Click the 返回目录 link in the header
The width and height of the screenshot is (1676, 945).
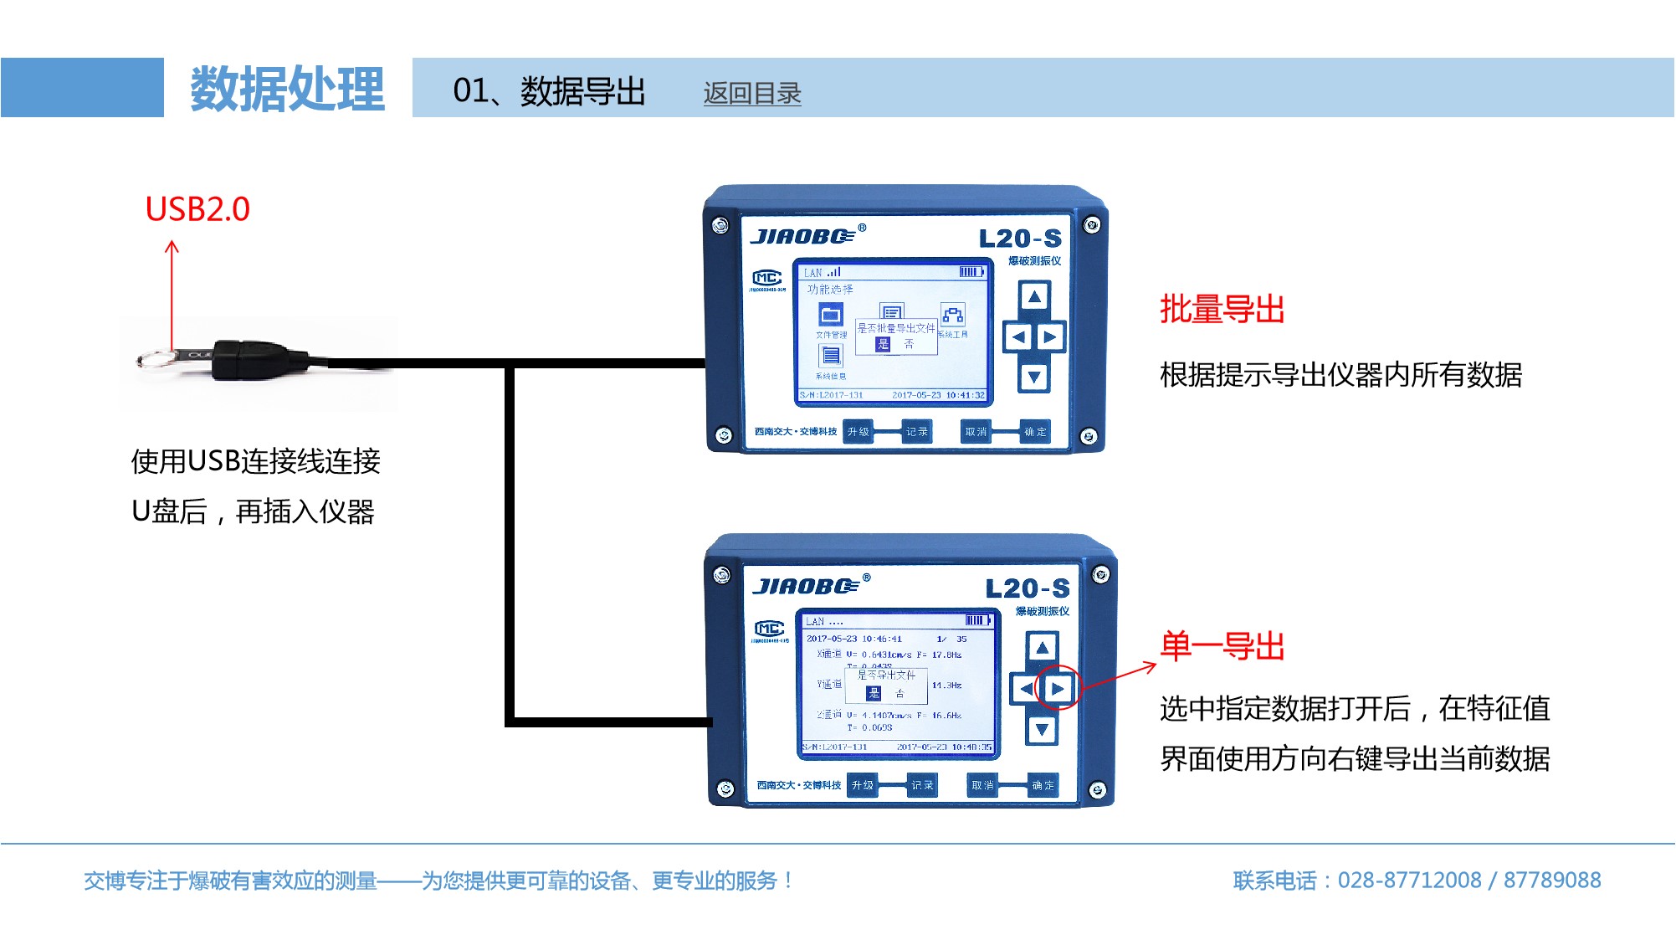tap(751, 93)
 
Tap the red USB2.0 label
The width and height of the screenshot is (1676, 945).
tap(197, 209)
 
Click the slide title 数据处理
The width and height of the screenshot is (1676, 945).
tap(287, 89)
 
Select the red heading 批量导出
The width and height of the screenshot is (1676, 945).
tap(1222, 310)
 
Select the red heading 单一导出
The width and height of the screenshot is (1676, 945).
tap(1222, 646)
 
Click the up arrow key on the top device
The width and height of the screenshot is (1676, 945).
tap(1034, 296)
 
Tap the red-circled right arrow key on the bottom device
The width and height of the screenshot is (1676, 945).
tap(1058, 689)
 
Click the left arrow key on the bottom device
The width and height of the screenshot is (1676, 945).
tap(1025, 689)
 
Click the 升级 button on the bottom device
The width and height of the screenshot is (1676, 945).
tap(862, 785)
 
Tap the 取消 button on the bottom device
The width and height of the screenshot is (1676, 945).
tap(982, 785)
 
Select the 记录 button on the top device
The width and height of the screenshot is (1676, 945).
tap(916, 432)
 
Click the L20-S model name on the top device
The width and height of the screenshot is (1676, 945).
tap(1020, 239)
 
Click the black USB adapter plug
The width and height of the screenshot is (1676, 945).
tap(251, 359)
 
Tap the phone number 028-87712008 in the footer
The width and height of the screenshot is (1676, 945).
tap(1409, 881)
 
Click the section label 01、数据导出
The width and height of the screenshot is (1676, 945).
tap(549, 90)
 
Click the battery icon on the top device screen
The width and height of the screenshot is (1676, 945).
tap(971, 272)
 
